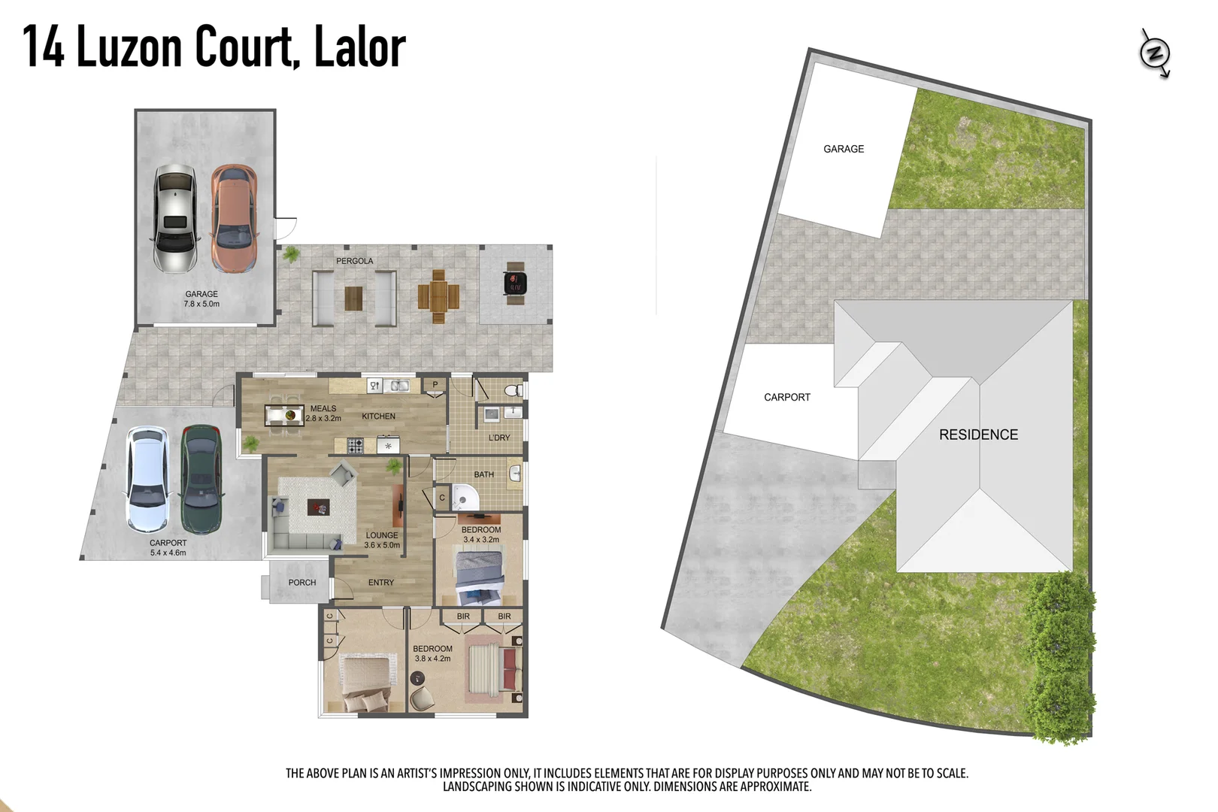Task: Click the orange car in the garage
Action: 235,219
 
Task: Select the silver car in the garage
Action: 175,219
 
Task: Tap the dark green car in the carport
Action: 201,479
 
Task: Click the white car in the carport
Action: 147,479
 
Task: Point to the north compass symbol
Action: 1155,53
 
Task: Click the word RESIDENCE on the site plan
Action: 978,435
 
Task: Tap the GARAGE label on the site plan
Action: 844,149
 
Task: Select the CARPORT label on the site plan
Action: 787,397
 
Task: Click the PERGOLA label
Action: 354,261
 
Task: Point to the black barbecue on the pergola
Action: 515,283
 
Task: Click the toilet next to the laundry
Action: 514,390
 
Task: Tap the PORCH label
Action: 301,583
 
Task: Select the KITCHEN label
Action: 378,416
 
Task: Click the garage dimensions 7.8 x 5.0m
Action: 201,304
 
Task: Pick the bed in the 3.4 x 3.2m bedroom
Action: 479,575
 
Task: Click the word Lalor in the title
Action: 359,47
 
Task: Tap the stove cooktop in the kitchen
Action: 356,445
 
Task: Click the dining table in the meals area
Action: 284,414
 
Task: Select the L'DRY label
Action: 499,438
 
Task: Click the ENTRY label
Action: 380,583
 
